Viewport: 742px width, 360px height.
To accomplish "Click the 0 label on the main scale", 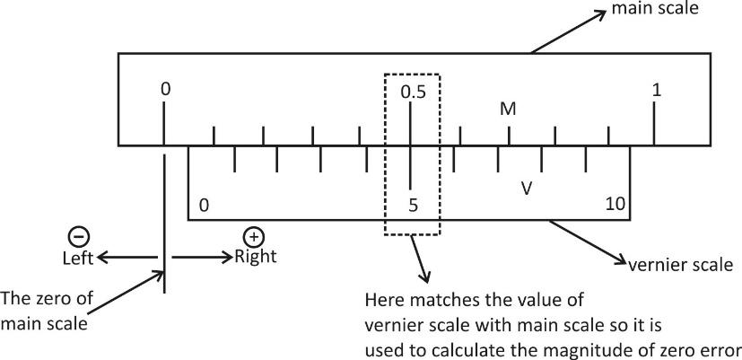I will (x=165, y=89).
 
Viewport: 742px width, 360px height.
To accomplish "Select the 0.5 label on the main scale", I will (x=413, y=91).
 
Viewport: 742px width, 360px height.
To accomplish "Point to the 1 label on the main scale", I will (x=656, y=90).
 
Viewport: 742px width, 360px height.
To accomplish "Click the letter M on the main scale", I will (x=509, y=109).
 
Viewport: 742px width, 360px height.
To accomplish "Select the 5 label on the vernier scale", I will (x=413, y=205).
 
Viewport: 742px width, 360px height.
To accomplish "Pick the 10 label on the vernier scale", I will (x=615, y=205).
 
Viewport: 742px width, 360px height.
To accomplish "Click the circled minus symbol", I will (x=77, y=236).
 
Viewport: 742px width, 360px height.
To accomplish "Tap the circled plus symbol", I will (x=254, y=236).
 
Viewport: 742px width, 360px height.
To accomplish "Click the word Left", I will (x=78, y=258).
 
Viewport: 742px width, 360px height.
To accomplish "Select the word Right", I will (x=256, y=258).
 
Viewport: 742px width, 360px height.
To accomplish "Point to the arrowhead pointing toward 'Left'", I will (x=102, y=258).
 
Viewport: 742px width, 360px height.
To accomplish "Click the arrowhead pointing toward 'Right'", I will (x=226, y=258).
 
